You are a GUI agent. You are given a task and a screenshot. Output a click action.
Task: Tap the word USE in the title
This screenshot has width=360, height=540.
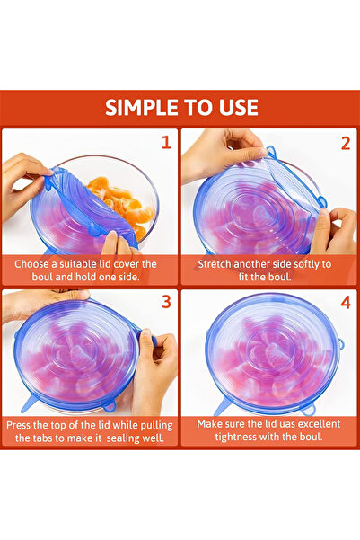coord(237,108)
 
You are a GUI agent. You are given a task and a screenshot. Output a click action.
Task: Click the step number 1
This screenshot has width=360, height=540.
coord(165,142)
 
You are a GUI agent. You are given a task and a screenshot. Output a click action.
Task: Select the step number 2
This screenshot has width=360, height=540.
coord(345,142)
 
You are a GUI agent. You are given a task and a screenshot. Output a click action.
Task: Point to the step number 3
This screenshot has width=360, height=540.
coord(165,303)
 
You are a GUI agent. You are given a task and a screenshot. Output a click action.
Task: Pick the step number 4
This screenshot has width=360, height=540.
coord(345,303)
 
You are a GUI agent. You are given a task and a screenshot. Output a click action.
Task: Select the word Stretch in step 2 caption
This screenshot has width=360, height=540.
coord(217,264)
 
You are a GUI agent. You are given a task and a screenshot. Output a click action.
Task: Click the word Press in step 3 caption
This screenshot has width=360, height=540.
coord(22,424)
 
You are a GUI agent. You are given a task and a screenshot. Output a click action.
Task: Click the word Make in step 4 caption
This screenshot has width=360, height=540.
coord(213,424)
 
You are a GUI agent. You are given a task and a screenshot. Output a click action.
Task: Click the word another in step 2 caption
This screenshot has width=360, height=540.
coord(265,264)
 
